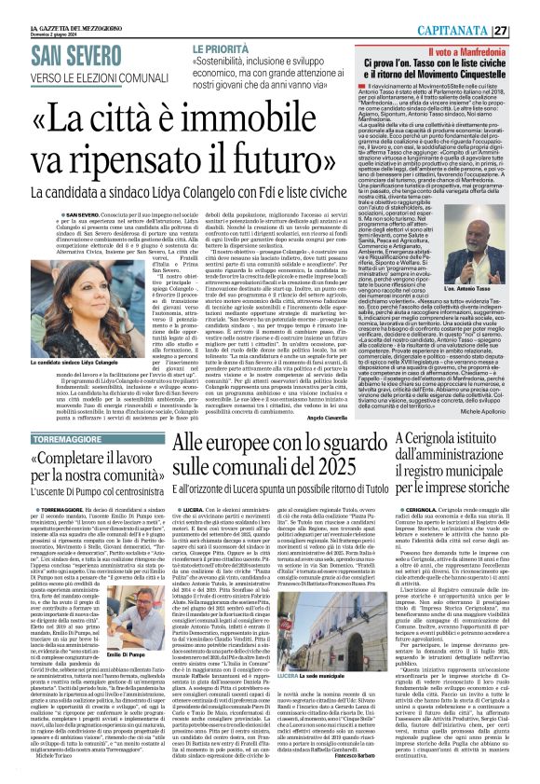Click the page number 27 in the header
click(526, 7)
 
